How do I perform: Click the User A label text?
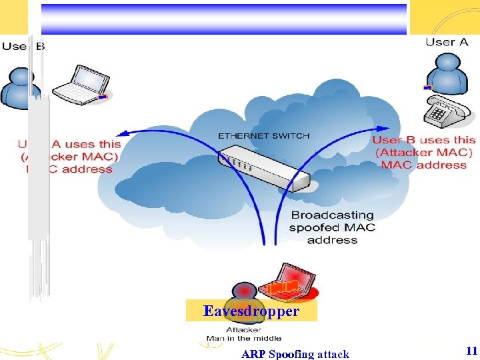tap(447, 42)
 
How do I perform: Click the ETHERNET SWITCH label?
tap(263, 135)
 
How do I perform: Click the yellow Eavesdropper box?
tap(251, 311)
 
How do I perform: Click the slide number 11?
tap(471, 351)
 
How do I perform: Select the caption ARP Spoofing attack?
tap(295, 354)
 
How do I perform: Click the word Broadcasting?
tap(333, 215)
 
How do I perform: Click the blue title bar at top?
tap(224, 19)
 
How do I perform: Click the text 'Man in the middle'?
tap(244, 339)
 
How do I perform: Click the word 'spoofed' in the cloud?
tap(311, 228)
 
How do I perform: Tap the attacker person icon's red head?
tap(245, 291)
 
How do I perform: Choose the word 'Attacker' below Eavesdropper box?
tap(243, 329)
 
